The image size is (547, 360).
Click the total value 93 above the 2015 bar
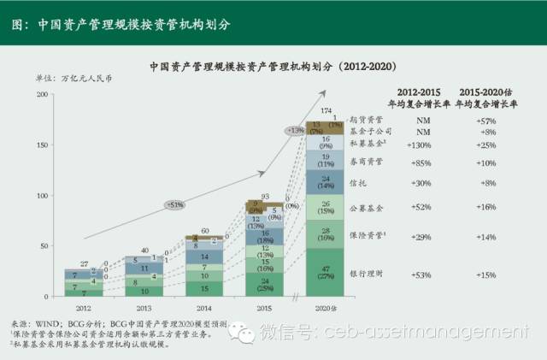(266, 196)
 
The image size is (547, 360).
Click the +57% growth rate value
(484, 121)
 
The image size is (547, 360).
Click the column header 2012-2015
(418, 91)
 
